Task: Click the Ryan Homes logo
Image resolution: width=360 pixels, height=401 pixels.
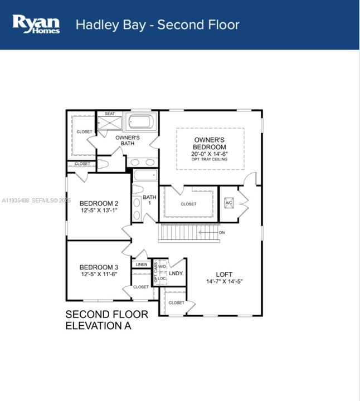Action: tap(36, 24)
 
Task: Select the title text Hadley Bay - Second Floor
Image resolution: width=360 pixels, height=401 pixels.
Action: tap(157, 25)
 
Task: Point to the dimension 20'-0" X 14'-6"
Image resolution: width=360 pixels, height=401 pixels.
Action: tap(210, 154)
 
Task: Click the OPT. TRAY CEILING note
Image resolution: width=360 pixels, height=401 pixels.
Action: tap(210, 160)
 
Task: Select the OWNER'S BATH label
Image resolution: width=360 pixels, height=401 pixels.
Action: tap(127, 140)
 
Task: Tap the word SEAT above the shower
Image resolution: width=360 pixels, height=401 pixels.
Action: tap(110, 114)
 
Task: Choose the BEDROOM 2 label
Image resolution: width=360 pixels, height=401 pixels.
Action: tap(99, 203)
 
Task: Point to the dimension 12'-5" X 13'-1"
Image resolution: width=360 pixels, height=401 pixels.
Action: tap(99, 211)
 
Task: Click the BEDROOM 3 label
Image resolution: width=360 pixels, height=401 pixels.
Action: tap(99, 267)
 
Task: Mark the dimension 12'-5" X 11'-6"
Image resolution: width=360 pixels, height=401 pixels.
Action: tap(99, 275)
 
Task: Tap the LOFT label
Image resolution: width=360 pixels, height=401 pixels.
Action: tap(224, 274)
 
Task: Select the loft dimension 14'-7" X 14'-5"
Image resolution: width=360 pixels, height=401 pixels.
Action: tap(224, 282)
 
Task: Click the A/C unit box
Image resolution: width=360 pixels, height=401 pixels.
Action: tap(228, 203)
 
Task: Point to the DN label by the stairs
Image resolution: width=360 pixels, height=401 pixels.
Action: tap(222, 232)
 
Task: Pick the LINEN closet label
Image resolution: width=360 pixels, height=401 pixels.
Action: tap(142, 265)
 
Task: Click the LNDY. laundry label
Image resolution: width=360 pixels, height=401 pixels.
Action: tap(177, 273)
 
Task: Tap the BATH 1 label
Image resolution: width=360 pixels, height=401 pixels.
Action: tap(150, 200)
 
